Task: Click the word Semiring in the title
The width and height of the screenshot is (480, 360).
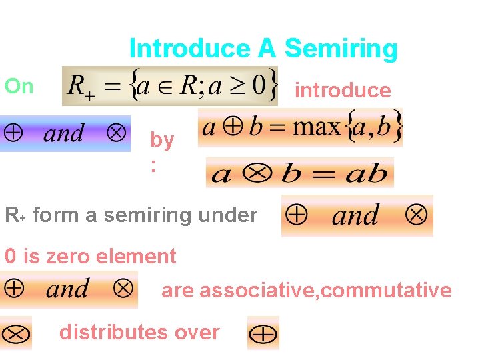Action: click(341, 49)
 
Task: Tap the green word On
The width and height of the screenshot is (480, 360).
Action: click(19, 86)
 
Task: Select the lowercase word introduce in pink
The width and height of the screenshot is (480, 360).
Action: click(343, 90)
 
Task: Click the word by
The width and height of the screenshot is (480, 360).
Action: click(162, 140)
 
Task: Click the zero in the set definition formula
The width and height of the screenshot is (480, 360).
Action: click(259, 85)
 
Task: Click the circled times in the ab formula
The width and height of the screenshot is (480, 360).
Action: click(255, 174)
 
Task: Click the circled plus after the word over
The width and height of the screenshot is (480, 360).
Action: click(263, 333)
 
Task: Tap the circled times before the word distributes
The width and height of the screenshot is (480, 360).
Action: click(16, 333)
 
